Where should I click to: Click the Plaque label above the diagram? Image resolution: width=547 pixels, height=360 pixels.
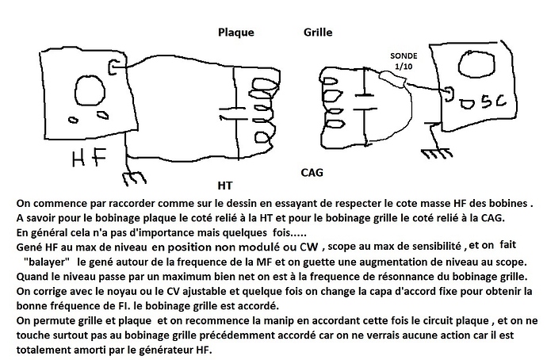(x=235, y=33)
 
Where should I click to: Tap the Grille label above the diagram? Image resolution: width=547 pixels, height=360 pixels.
(x=318, y=33)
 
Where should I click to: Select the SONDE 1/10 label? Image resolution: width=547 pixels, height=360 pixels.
(x=404, y=62)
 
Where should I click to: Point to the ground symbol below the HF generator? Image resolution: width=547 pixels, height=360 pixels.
(x=133, y=173)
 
